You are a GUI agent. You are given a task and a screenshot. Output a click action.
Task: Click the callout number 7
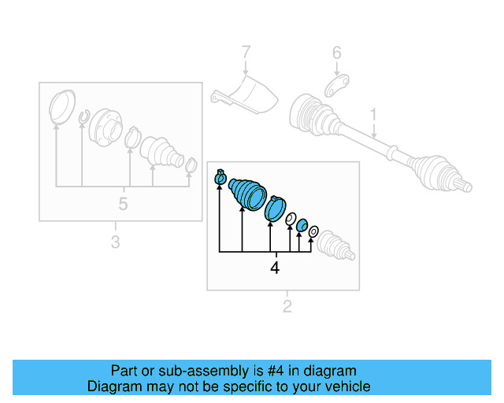coord(246,52)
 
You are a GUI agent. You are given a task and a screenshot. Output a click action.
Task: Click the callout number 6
coord(336,53)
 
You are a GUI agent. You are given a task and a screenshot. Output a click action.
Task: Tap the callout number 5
coord(123,203)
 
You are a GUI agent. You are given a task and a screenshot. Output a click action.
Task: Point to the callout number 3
coord(116,242)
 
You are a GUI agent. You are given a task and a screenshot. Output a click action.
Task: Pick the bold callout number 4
coord(275,268)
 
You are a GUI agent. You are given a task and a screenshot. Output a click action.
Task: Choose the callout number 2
coord(287,306)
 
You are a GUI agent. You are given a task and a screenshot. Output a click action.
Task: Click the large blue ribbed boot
coord(247,194)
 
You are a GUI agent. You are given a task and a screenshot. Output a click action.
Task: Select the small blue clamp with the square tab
coord(220,176)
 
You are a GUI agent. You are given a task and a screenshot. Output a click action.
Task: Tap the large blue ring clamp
coord(275,209)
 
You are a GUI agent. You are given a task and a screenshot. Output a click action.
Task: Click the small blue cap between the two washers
coord(302,225)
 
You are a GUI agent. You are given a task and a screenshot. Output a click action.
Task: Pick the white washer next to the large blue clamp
coord(291,219)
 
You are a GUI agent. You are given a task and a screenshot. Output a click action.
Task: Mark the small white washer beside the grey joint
coord(313,231)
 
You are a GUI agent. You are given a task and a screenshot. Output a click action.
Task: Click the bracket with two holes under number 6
coord(336,86)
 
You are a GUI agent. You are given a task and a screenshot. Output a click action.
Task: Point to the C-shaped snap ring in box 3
coord(84,116)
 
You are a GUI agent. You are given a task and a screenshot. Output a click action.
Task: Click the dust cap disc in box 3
coord(62,106)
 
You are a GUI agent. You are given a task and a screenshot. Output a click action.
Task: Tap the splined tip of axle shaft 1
coord(464,186)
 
